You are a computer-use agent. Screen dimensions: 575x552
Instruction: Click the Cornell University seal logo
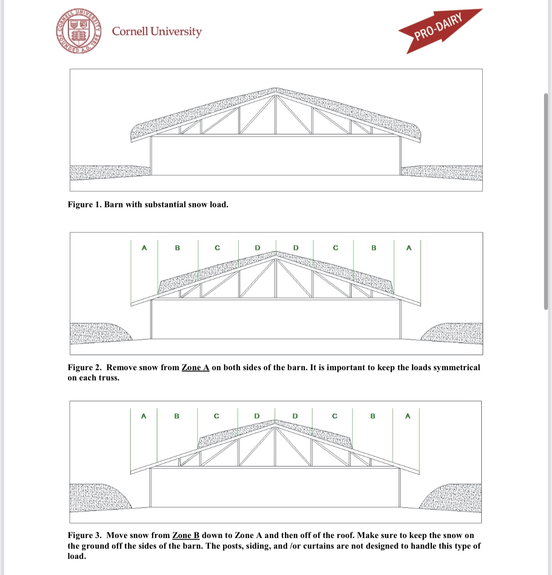[x=79, y=31]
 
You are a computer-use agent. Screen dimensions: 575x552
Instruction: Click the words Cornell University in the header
[x=156, y=32]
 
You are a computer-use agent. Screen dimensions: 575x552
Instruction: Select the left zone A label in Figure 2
[x=144, y=248]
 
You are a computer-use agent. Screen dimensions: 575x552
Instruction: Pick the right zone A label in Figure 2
[x=409, y=248]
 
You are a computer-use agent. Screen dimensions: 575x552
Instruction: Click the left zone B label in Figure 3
[x=177, y=416]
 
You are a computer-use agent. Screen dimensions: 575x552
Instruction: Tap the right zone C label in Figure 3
[x=335, y=416]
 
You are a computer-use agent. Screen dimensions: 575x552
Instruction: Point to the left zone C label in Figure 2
[x=217, y=248]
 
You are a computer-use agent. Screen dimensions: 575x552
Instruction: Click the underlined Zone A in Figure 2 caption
[x=195, y=368]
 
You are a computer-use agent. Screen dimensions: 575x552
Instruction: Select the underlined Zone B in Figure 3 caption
[x=186, y=535]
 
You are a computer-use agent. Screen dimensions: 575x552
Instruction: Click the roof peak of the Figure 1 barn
[x=276, y=89]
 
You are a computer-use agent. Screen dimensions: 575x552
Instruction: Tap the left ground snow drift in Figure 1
[x=109, y=173]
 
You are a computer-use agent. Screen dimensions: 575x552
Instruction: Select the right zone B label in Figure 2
[x=374, y=248]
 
